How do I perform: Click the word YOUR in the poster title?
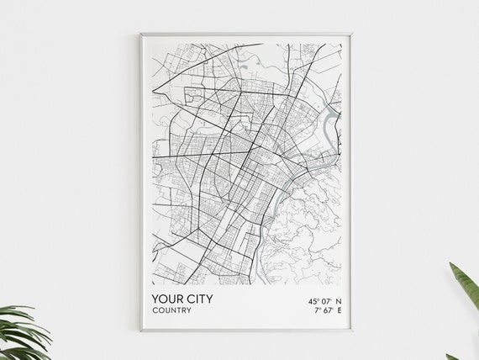click(x=167, y=299)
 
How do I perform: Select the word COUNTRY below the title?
click(x=171, y=310)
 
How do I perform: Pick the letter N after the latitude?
click(x=338, y=299)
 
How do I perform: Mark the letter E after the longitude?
click(x=338, y=310)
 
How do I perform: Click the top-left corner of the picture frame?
click(x=140, y=34)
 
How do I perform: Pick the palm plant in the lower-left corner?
click(x=21, y=332)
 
